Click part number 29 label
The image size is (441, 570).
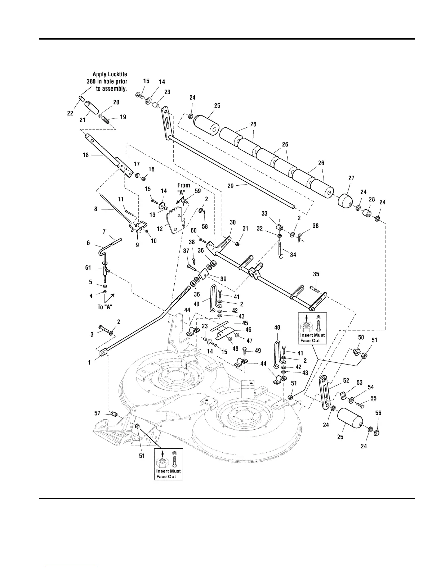point(231,186)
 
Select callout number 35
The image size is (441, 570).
point(316,274)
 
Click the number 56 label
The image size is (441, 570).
point(378,413)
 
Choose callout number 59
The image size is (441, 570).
point(198,191)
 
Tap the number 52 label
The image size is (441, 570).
point(346,380)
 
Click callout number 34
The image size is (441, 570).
point(293,255)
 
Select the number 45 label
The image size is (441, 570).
point(245,323)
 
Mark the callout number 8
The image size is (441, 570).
point(96,208)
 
